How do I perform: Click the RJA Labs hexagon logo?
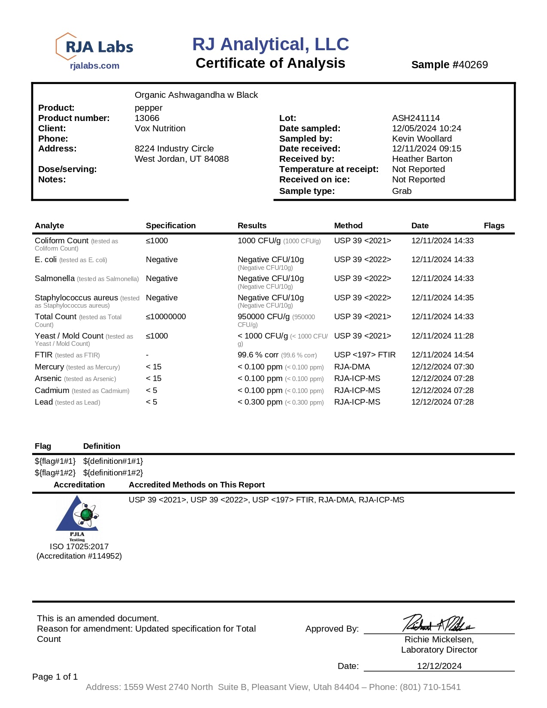click(94, 46)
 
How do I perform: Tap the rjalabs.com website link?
click(94, 66)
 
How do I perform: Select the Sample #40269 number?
click(449, 65)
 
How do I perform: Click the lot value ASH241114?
click(416, 118)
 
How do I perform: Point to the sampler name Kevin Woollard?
click(422, 139)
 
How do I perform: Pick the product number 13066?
click(147, 118)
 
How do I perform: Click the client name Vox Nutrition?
click(160, 128)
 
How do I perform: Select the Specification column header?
click(170, 226)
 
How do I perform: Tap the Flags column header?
click(494, 226)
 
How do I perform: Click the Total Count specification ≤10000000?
click(166, 317)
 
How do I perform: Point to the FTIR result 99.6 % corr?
click(258, 355)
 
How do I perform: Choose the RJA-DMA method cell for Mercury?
click(352, 367)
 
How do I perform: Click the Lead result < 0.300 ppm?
click(260, 402)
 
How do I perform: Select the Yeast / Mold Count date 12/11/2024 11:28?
click(442, 336)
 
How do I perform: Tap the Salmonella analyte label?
click(55, 278)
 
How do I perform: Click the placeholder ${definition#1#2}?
click(113, 472)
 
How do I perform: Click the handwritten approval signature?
click(438, 623)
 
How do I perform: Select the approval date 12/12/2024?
click(439, 666)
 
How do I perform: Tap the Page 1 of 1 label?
click(55, 677)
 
